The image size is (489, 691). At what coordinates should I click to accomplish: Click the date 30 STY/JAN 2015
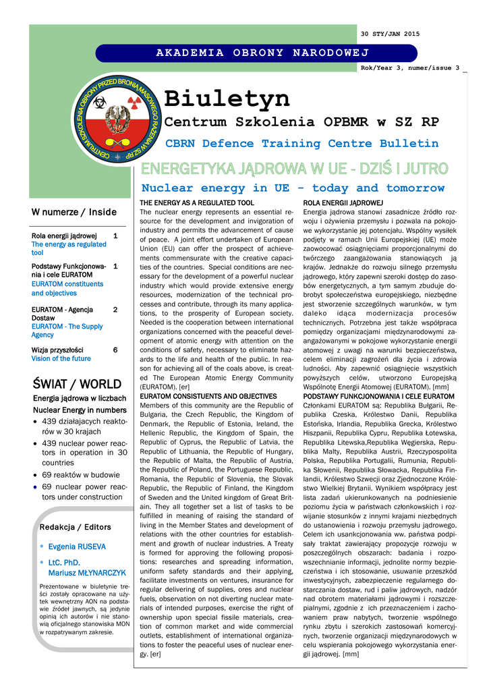point(390,34)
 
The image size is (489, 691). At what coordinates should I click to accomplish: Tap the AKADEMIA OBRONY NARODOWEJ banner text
point(263,53)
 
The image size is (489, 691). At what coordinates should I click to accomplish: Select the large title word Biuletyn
point(227,99)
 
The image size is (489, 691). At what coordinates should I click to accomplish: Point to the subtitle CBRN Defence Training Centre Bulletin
point(301,144)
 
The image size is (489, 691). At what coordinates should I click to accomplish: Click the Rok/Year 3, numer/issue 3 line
point(410,68)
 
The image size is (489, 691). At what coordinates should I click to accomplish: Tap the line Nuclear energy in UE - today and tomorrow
point(293,188)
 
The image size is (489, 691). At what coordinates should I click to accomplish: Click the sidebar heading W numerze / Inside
point(74,213)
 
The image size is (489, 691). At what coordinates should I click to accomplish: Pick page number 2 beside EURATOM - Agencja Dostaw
point(115,310)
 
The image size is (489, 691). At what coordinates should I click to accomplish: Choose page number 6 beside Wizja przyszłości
point(115,350)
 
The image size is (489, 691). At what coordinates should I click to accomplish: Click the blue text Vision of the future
point(61,359)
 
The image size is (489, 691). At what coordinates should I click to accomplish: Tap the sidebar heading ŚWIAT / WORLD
point(77,385)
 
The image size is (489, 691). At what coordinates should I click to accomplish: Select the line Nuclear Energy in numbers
point(80,410)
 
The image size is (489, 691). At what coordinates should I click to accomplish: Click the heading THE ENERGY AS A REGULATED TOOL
point(197,203)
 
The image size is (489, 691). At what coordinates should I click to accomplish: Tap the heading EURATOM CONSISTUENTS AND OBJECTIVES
point(208,396)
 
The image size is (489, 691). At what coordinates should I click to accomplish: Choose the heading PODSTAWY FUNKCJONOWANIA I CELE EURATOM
point(378,396)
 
